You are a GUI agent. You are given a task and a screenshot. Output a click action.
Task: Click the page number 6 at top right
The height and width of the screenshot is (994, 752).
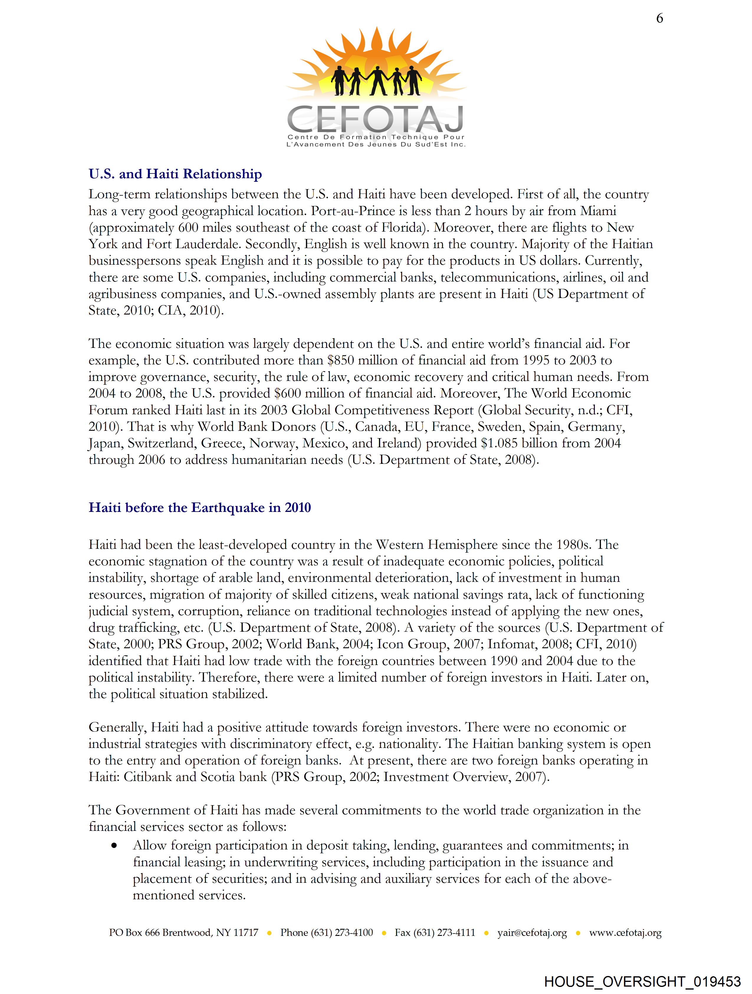point(659,18)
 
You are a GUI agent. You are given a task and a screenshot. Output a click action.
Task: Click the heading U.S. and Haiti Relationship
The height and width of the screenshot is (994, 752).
point(175,174)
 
